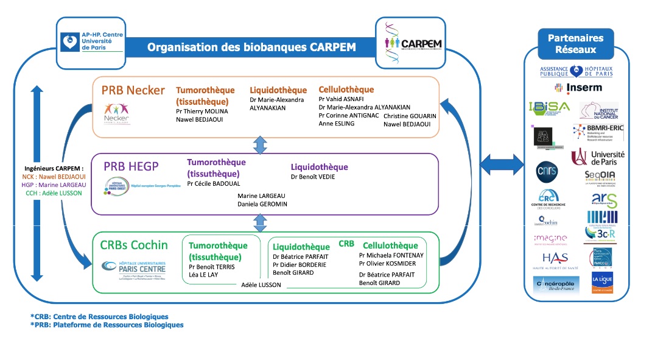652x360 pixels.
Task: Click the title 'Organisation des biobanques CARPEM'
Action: click(251, 48)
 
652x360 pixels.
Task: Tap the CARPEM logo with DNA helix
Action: click(413, 43)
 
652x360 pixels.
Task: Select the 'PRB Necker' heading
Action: click(133, 91)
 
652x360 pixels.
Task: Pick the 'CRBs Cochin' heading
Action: click(133, 245)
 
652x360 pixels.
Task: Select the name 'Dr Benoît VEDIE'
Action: click(313, 177)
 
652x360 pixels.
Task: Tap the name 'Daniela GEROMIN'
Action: click(262, 204)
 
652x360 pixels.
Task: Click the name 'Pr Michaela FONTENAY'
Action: click(391, 255)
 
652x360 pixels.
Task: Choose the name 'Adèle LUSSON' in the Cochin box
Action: click(261, 284)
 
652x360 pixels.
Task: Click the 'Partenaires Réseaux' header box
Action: click(575, 43)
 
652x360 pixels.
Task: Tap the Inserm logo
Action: click(577, 88)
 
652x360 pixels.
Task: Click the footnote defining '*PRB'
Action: click(107, 325)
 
